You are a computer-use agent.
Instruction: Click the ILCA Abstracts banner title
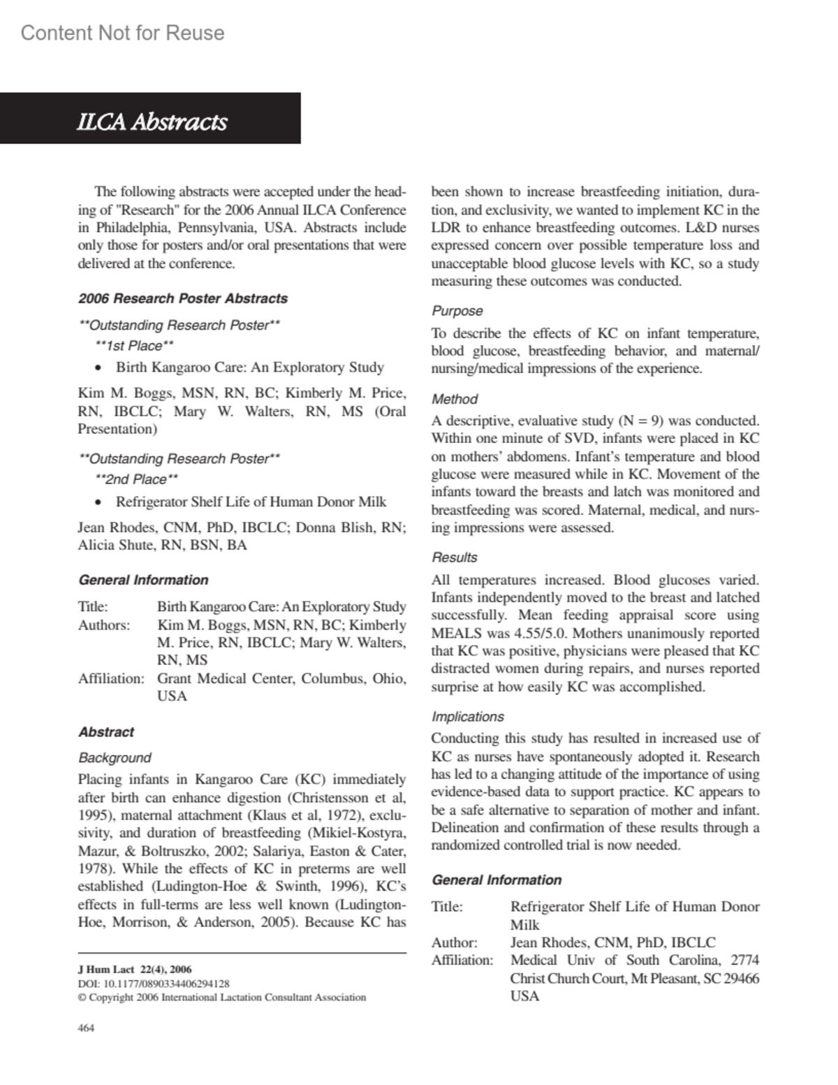(152, 122)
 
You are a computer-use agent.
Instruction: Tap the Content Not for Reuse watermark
(122, 33)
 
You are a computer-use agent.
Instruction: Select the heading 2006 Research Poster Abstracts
(183, 298)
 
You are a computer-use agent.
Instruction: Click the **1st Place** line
(134, 346)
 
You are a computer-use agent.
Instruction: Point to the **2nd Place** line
(136, 479)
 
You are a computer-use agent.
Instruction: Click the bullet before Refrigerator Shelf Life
(100, 502)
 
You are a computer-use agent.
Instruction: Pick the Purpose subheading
(457, 311)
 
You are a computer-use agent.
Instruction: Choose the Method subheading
(455, 399)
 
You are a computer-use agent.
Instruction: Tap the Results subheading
(455, 558)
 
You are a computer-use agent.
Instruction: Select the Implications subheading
(467, 716)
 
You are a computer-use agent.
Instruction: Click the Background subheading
(115, 757)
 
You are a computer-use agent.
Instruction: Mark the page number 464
(86, 1028)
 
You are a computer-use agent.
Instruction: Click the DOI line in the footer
(154, 983)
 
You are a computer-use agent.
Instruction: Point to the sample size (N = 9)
(642, 421)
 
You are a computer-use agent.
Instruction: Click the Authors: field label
(104, 625)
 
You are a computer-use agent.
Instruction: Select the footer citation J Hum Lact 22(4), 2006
(135, 970)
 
